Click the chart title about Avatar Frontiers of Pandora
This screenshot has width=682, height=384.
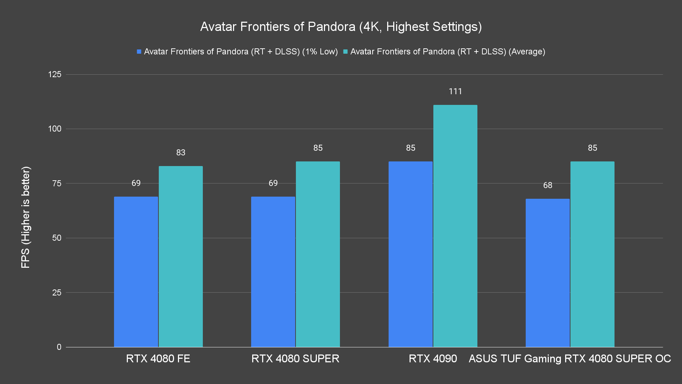tap(341, 27)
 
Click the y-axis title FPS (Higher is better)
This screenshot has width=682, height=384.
tap(26, 217)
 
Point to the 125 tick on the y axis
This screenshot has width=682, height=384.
tap(55, 74)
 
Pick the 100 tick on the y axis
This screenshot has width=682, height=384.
tap(55, 129)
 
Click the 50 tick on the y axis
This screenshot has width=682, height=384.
tap(57, 238)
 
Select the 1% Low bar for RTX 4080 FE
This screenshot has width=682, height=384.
tap(136, 272)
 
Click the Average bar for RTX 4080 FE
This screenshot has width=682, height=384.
tap(181, 256)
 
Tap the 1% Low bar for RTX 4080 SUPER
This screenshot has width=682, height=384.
tap(273, 272)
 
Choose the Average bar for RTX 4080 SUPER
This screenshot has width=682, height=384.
tap(318, 254)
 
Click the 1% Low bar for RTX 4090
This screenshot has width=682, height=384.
tap(411, 254)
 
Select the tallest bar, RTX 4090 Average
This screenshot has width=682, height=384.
tap(455, 226)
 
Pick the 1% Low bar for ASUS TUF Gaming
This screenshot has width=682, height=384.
tap(548, 273)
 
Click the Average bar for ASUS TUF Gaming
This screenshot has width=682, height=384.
tap(592, 254)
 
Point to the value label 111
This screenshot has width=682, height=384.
tap(455, 91)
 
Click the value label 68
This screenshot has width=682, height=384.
tap(548, 185)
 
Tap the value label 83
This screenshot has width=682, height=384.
tap(181, 153)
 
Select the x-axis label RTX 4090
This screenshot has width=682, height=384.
tap(433, 358)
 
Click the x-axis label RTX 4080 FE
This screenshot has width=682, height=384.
tap(158, 358)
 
